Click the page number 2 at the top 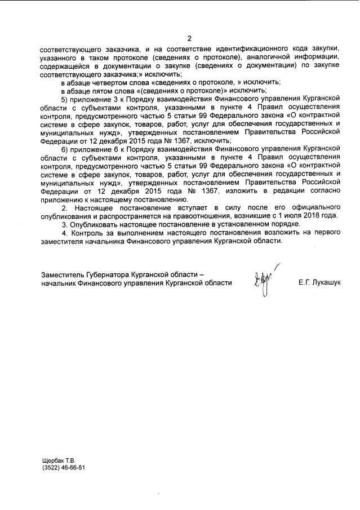(189, 38)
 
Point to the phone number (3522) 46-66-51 (63, 468)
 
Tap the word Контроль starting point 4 (86, 233)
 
